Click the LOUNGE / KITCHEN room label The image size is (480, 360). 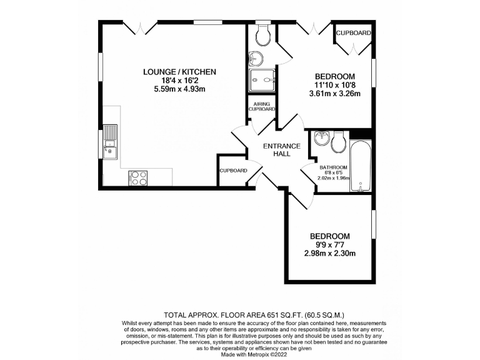pyautogui.click(x=179, y=72)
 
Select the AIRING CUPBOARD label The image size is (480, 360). pyautogui.click(x=262, y=106)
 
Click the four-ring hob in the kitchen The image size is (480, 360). pyautogui.click(x=138, y=177)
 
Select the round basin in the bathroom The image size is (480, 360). pyautogui.click(x=322, y=137)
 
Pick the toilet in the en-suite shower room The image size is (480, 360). pyautogui.click(x=262, y=35)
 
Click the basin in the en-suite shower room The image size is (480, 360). pyautogui.click(x=256, y=59)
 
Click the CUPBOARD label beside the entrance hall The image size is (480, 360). pyautogui.click(x=233, y=171)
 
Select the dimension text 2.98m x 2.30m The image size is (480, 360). pyautogui.click(x=330, y=254)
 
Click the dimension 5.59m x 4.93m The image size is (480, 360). pyautogui.click(x=179, y=89)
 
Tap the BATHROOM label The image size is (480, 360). pyautogui.click(x=333, y=167)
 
